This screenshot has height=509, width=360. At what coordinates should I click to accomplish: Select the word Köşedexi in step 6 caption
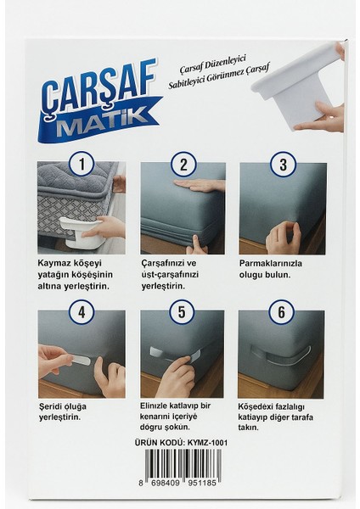258,406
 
